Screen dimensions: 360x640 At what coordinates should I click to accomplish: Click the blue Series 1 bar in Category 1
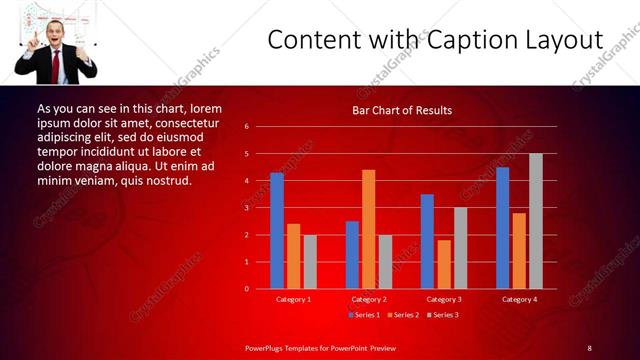[277, 230]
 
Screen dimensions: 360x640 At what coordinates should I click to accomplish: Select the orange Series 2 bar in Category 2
[368, 229]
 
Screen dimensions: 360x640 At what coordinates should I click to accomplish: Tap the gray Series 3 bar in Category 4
[536, 221]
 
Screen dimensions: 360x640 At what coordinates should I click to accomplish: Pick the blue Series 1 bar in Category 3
[427, 241]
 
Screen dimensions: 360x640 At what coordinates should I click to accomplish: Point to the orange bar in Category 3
[444, 264]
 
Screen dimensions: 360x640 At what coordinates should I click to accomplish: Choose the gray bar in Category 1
[310, 261]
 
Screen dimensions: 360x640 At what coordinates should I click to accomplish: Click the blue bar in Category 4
[502, 227]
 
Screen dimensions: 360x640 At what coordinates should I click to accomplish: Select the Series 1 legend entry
[363, 315]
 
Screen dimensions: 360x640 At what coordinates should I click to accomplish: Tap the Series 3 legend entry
[443, 315]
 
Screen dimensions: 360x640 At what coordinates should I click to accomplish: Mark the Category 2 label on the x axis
[368, 299]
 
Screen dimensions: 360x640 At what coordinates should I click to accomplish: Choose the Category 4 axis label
[519, 299]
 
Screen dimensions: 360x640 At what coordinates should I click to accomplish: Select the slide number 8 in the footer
[590, 348]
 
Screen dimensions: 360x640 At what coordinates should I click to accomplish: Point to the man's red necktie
[56, 66]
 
